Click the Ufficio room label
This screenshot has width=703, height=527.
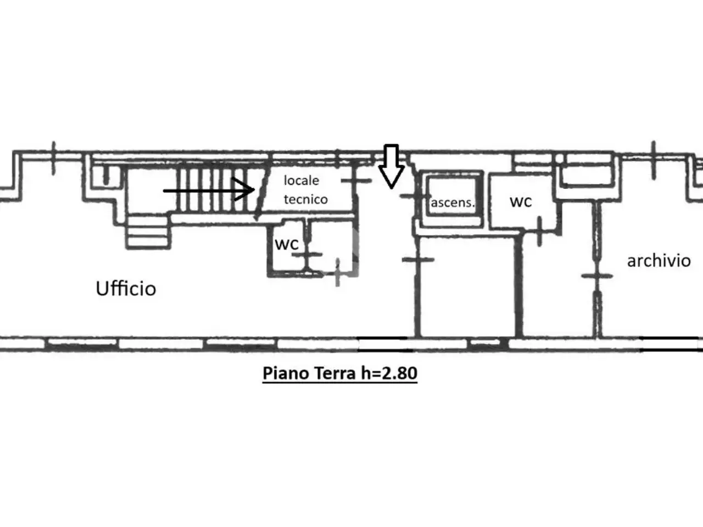126,288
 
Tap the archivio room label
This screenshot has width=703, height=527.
659,261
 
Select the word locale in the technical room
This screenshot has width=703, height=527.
302,181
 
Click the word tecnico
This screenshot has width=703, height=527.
305,199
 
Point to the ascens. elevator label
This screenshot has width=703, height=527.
452,203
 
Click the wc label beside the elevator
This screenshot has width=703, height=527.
521,201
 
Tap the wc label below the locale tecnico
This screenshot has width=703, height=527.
287,244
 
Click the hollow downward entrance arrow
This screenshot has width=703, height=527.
392,166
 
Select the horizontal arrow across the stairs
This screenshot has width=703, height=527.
209,190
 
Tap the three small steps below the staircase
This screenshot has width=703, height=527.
148,232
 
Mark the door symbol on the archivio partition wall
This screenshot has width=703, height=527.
598,276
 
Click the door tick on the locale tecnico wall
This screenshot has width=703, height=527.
356,181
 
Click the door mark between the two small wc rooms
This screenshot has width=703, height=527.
307,255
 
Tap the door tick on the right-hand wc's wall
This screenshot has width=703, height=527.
540,232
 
